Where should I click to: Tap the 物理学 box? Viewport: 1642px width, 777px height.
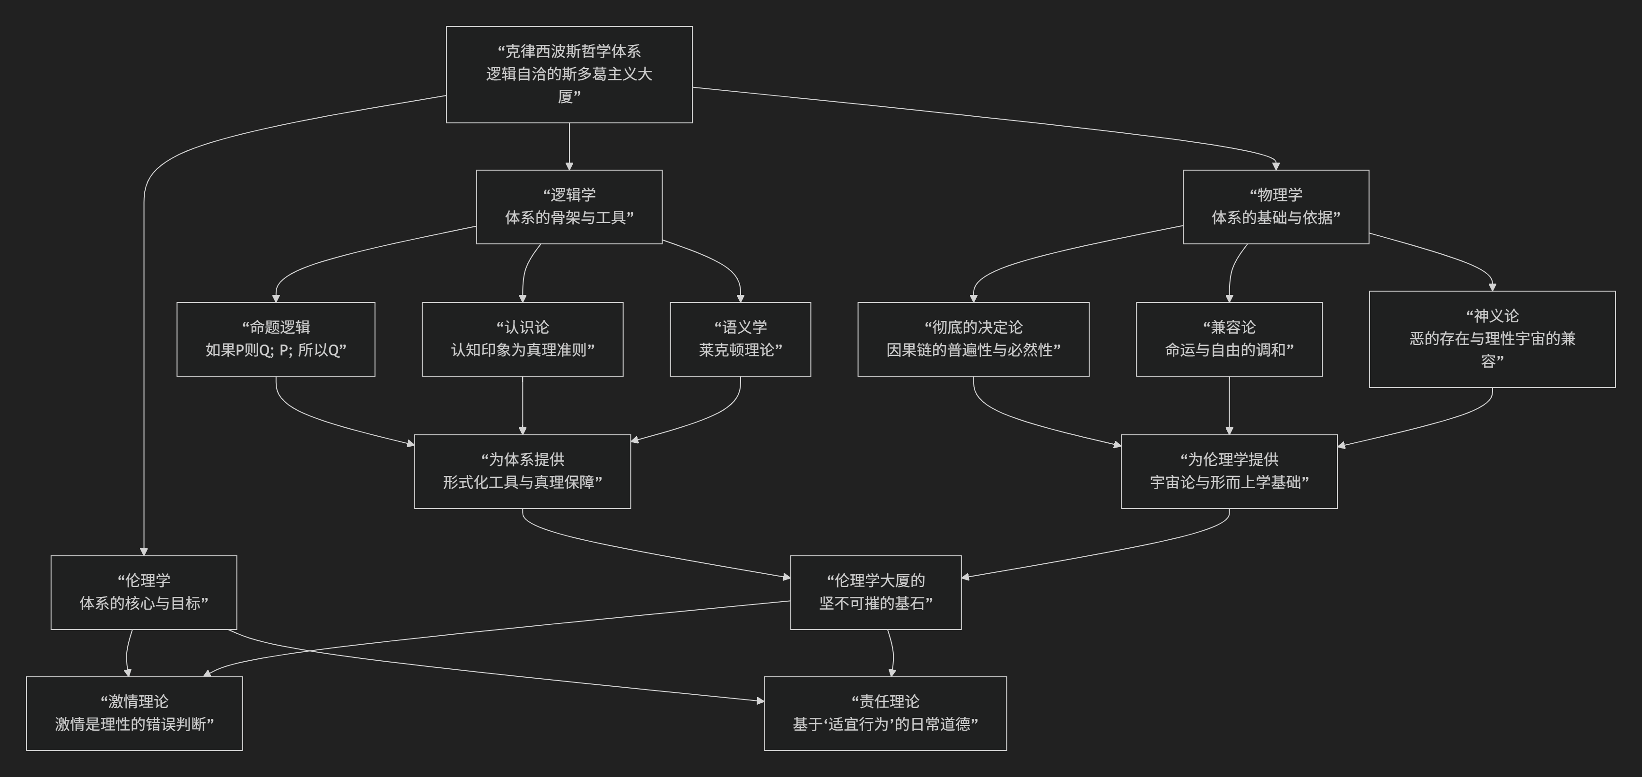(1275, 207)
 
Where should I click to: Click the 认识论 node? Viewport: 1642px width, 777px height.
(522, 339)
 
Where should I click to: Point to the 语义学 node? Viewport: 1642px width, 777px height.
(740, 339)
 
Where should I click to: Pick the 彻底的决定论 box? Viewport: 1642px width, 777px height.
(973, 339)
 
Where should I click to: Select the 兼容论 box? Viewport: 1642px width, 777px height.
(1229, 339)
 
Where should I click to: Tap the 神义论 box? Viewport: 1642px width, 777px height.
(1492, 339)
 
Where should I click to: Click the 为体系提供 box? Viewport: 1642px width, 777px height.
(522, 471)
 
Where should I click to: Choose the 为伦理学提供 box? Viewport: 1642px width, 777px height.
(1229, 471)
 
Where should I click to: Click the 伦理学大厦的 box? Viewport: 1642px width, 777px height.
(875, 592)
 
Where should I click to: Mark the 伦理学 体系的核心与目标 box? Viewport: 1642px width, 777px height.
(143, 592)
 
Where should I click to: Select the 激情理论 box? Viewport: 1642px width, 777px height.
(134, 713)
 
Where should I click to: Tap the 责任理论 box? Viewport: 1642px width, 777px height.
(885, 713)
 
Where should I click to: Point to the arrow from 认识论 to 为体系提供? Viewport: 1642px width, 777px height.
(522, 405)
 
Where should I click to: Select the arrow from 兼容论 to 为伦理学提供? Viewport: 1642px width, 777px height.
(1229, 405)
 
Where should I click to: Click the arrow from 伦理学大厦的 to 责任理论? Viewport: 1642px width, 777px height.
(892, 653)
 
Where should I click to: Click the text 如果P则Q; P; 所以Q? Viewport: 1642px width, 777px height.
(275, 350)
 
